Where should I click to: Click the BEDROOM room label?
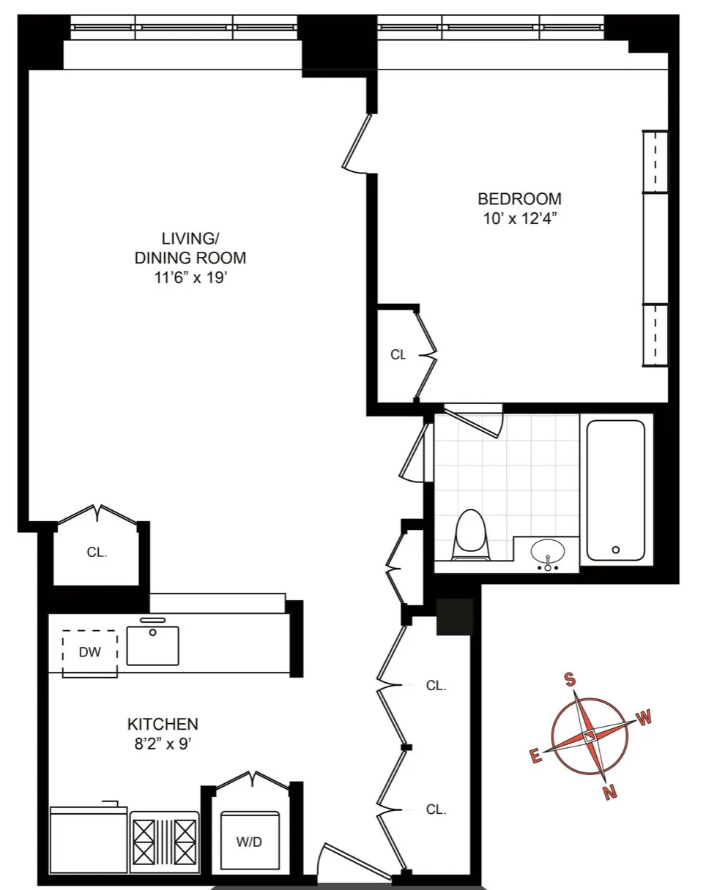point(519,198)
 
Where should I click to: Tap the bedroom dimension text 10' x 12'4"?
point(519,218)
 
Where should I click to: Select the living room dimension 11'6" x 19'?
point(190,277)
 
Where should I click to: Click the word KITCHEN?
point(163,725)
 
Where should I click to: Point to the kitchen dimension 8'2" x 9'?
point(163,745)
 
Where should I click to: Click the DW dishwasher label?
point(89,652)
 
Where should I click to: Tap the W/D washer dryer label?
point(249,842)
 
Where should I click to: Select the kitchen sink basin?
point(152,645)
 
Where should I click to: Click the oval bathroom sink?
point(547,551)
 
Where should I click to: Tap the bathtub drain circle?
point(616,549)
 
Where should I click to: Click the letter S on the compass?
point(568,678)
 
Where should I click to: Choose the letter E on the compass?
point(535,757)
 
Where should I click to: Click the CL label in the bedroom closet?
point(398,355)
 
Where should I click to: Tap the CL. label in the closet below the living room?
point(97,553)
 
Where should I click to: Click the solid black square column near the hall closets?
point(453,616)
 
